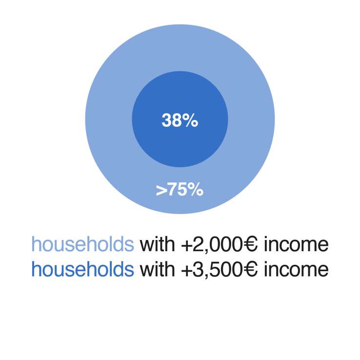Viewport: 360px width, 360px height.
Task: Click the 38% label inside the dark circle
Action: pyautogui.click(x=180, y=120)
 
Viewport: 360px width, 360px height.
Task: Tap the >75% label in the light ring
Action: pyautogui.click(x=180, y=190)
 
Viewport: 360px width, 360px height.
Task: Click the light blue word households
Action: pyautogui.click(x=82, y=244)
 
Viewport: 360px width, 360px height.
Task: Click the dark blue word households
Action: pyautogui.click(x=82, y=269)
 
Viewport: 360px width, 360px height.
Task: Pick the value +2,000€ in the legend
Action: pyautogui.click(x=220, y=245)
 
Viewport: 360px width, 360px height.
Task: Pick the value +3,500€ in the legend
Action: pyautogui.click(x=220, y=270)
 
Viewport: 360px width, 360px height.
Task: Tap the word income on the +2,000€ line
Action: pyautogui.click(x=296, y=244)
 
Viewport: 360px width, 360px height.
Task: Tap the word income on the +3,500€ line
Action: pyautogui.click(x=296, y=269)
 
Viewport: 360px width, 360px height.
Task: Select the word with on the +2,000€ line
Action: pyautogui.click(x=157, y=244)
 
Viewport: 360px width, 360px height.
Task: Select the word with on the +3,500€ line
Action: pyautogui.click(x=157, y=269)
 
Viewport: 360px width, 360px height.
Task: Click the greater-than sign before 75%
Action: pyautogui.click(x=162, y=190)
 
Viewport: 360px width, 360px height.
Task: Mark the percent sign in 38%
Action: pyautogui.click(x=190, y=120)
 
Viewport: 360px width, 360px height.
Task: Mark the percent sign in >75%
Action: pyautogui.click(x=196, y=190)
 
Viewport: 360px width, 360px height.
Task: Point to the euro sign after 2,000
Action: pyautogui.click(x=250, y=244)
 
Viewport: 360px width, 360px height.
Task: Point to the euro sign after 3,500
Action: pyautogui.click(x=250, y=269)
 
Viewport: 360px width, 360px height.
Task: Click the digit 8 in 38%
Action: pyautogui.click(x=177, y=120)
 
